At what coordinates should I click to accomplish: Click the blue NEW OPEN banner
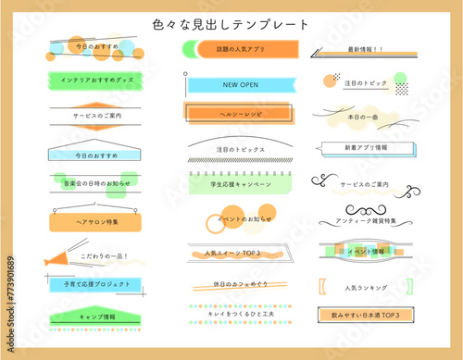(x=238, y=85)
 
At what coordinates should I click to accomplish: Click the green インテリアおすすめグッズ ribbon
(x=96, y=81)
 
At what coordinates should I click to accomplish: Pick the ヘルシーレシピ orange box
(x=238, y=114)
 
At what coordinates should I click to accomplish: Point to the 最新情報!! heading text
(x=366, y=49)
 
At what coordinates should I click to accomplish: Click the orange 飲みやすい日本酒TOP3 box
(x=366, y=316)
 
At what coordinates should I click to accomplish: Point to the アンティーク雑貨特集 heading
(x=364, y=222)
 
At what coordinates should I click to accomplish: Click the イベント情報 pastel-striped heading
(x=364, y=252)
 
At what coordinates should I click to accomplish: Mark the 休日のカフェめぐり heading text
(x=239, y=284)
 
